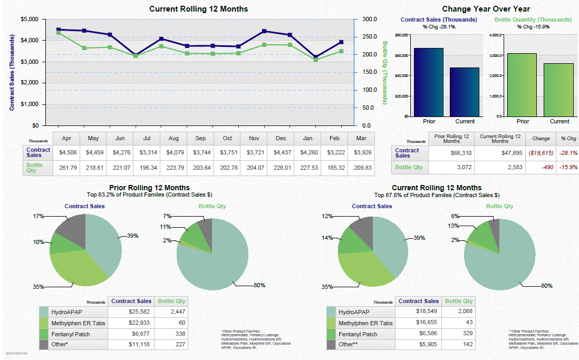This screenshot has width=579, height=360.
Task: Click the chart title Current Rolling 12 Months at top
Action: pos(198,9)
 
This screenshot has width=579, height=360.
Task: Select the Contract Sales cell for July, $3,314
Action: pos(147,153)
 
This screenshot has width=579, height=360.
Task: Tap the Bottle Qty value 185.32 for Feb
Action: pos(334,168)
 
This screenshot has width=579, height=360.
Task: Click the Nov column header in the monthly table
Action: pos(254,138)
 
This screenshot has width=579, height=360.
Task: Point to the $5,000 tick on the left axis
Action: pos(29,20)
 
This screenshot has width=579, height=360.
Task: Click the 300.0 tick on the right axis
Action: pos(370,20)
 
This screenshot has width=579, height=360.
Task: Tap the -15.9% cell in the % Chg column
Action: pos(568,167)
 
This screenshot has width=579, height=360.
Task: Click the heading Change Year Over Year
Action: pos(486,9)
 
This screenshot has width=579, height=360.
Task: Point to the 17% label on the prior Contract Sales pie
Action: pos(38,216)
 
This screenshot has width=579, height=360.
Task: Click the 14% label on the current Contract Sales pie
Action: pos(327,238)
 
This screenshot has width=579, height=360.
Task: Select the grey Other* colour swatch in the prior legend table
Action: pos(44,344)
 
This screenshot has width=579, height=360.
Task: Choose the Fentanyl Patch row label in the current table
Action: pos(358,334)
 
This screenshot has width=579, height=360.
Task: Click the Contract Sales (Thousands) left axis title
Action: pos(12,73)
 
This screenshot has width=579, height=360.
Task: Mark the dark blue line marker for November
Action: pos(264,31)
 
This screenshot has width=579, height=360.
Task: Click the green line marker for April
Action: pos(59,33)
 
